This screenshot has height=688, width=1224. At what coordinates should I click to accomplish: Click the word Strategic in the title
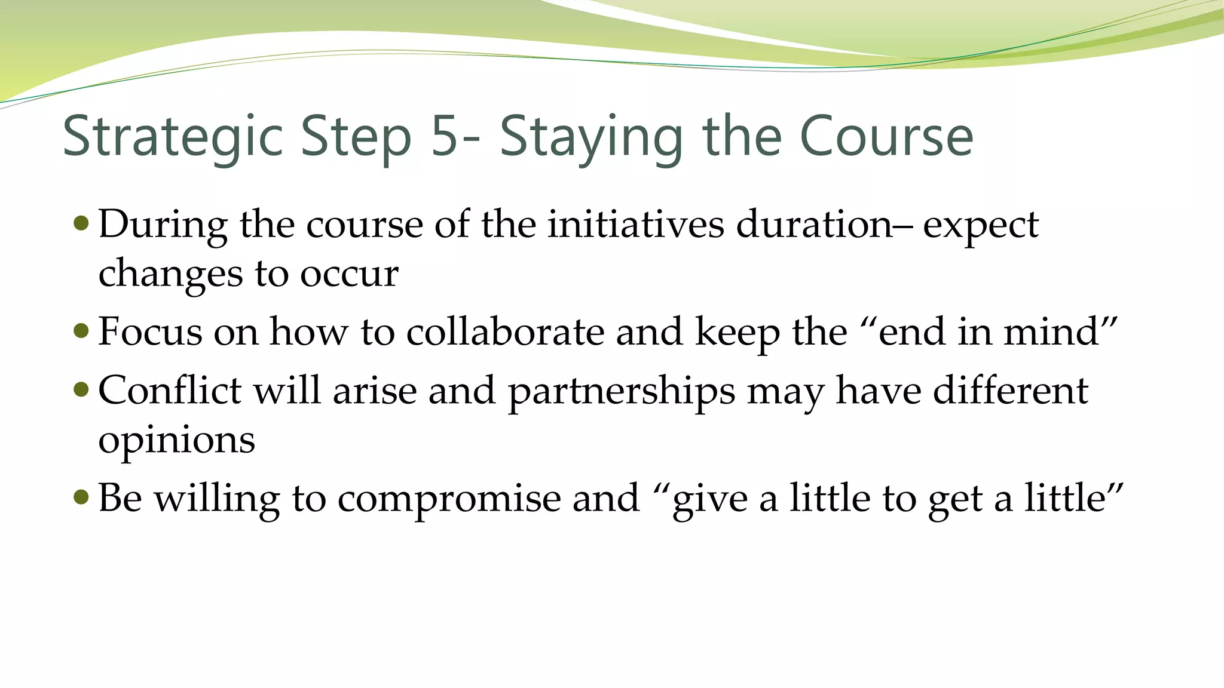(x=172, y=137)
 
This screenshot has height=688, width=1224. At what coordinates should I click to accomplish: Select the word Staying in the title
(x=590, y=137)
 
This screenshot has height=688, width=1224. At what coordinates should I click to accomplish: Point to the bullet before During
(x=81, y=224)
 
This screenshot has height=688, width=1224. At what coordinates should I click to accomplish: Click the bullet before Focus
(x=81, y=331)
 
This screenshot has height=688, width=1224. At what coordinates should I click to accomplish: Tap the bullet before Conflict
(x=81, y=390)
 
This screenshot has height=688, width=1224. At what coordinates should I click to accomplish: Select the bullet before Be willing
(x=81, y=497)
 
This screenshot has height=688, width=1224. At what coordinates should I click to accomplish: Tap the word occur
(x=349, y=275)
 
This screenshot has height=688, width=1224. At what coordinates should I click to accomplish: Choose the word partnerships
(x=622, y=392)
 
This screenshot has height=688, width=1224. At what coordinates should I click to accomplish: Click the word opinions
(x=176, y=441)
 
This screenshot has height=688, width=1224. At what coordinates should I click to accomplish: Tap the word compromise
(x=449, y=498)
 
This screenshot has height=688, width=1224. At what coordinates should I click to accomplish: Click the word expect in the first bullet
(x=981, y=226)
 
